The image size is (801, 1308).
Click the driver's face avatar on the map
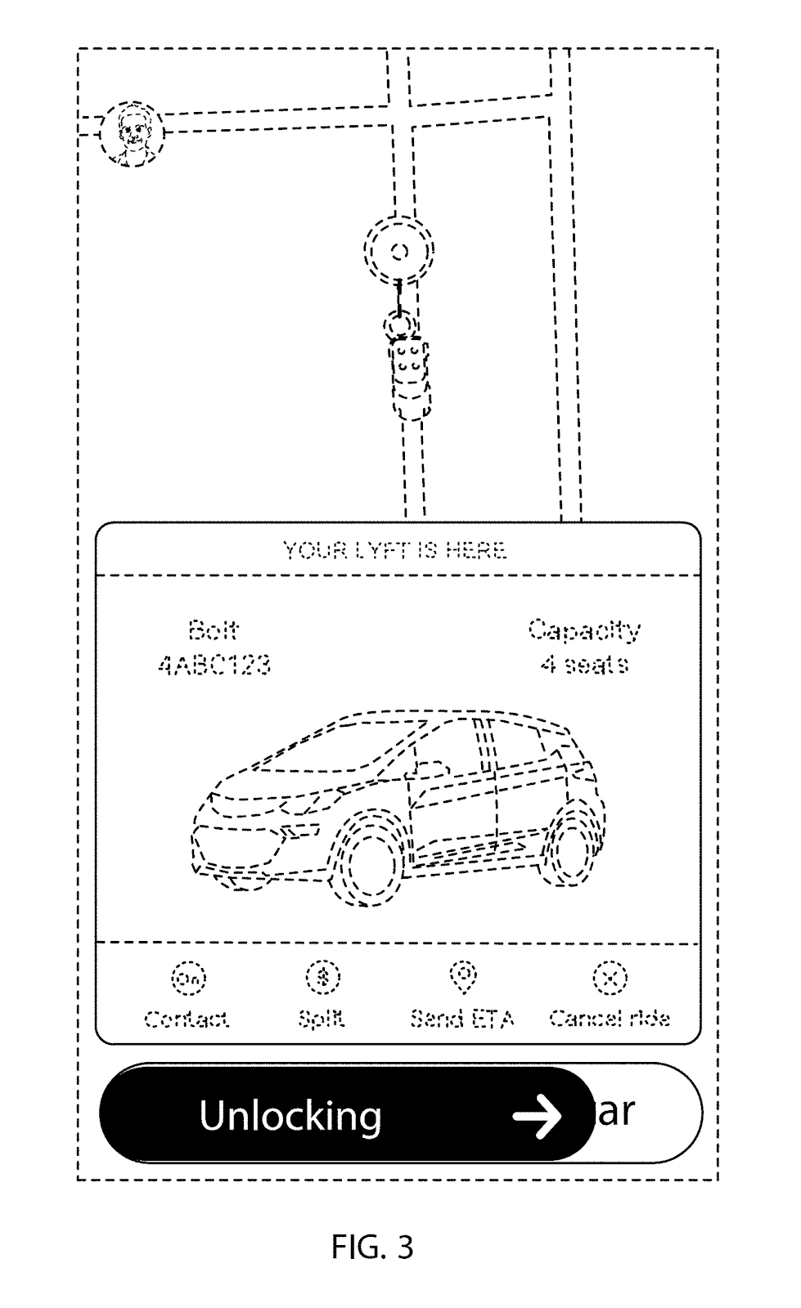(x=131, y=132)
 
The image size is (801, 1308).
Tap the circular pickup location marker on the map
(x=399, y=250)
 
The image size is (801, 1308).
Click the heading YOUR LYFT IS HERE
(x=395, y=550)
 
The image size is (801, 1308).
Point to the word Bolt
(x=213, y=630)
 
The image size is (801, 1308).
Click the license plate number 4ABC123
(x=214, y=665)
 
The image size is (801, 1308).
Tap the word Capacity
(x=583, y=630)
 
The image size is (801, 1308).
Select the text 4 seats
(x=583, y=665)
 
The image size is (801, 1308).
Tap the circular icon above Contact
(x=187, y=977)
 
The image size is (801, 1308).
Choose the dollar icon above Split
(x=322, y=977)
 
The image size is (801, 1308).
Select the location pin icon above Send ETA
(x=463, y=975)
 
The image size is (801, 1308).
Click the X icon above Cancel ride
(x=610, y=977)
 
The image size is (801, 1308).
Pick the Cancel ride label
(x=610, y=1019)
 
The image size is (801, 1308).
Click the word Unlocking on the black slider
(x=290, y=1115)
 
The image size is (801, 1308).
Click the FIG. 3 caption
(x=373, y=1248)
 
